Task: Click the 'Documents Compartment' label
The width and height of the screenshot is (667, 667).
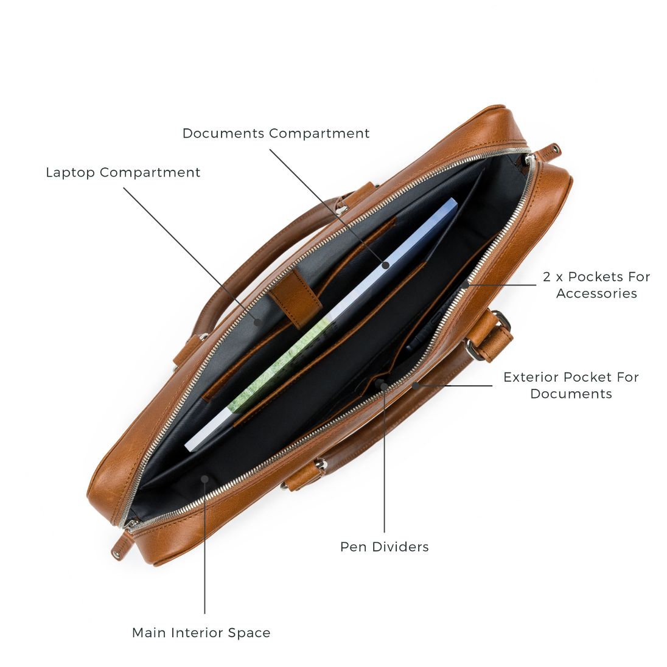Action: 276,133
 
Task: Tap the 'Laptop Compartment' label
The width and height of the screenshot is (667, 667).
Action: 123,173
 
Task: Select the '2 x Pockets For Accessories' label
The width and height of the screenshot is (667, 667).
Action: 596,285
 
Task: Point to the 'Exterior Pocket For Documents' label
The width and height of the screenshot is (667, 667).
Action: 571,385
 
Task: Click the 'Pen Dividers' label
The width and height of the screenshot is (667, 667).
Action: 385,547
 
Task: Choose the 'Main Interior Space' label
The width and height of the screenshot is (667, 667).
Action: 201,632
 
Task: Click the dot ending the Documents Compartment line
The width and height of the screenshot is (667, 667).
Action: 386,265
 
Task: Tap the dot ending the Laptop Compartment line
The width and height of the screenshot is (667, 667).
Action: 257,322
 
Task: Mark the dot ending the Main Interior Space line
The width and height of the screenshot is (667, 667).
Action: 204,479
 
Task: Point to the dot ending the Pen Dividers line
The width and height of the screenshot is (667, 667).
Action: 384,386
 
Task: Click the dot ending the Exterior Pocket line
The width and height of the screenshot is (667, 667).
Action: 416,385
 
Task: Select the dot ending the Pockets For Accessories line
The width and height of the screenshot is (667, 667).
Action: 466,285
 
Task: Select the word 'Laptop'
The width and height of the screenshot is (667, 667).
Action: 71,173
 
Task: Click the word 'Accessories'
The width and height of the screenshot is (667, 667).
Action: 596,293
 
